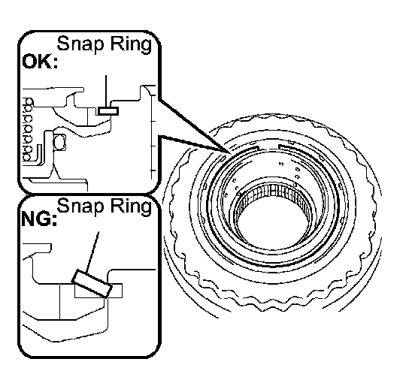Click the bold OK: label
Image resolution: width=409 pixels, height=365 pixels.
pyautogui.click(x=40, y=62)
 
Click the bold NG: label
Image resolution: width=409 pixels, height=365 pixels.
pyautogui.click(x=39, y=219)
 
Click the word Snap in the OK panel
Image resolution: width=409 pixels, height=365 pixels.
pyautogui.click(x=80, y=44)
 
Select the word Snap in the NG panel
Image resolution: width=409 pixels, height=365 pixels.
pyautogui.click(x=80, y=207)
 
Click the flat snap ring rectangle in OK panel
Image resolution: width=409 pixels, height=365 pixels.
pyautogui.click(x=108, y=111)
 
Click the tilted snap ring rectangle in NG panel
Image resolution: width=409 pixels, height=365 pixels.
pyautogui.click(x=92, y=283)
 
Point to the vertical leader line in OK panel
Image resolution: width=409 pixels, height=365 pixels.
pyautogui.click(x=106, y=91)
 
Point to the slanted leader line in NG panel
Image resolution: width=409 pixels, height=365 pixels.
pyautogui.click(x=92, y=252)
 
